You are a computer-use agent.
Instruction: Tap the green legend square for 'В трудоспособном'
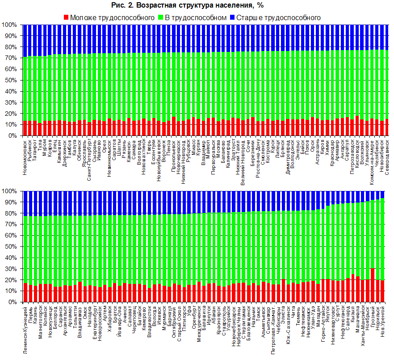tap(161, 17)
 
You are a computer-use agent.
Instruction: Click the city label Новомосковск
tap(25, 156)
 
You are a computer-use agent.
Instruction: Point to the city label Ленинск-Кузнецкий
tap(25, 329)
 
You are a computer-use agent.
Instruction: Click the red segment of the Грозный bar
tap(373, 285)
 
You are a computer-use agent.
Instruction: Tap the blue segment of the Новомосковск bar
tap(25, 40)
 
